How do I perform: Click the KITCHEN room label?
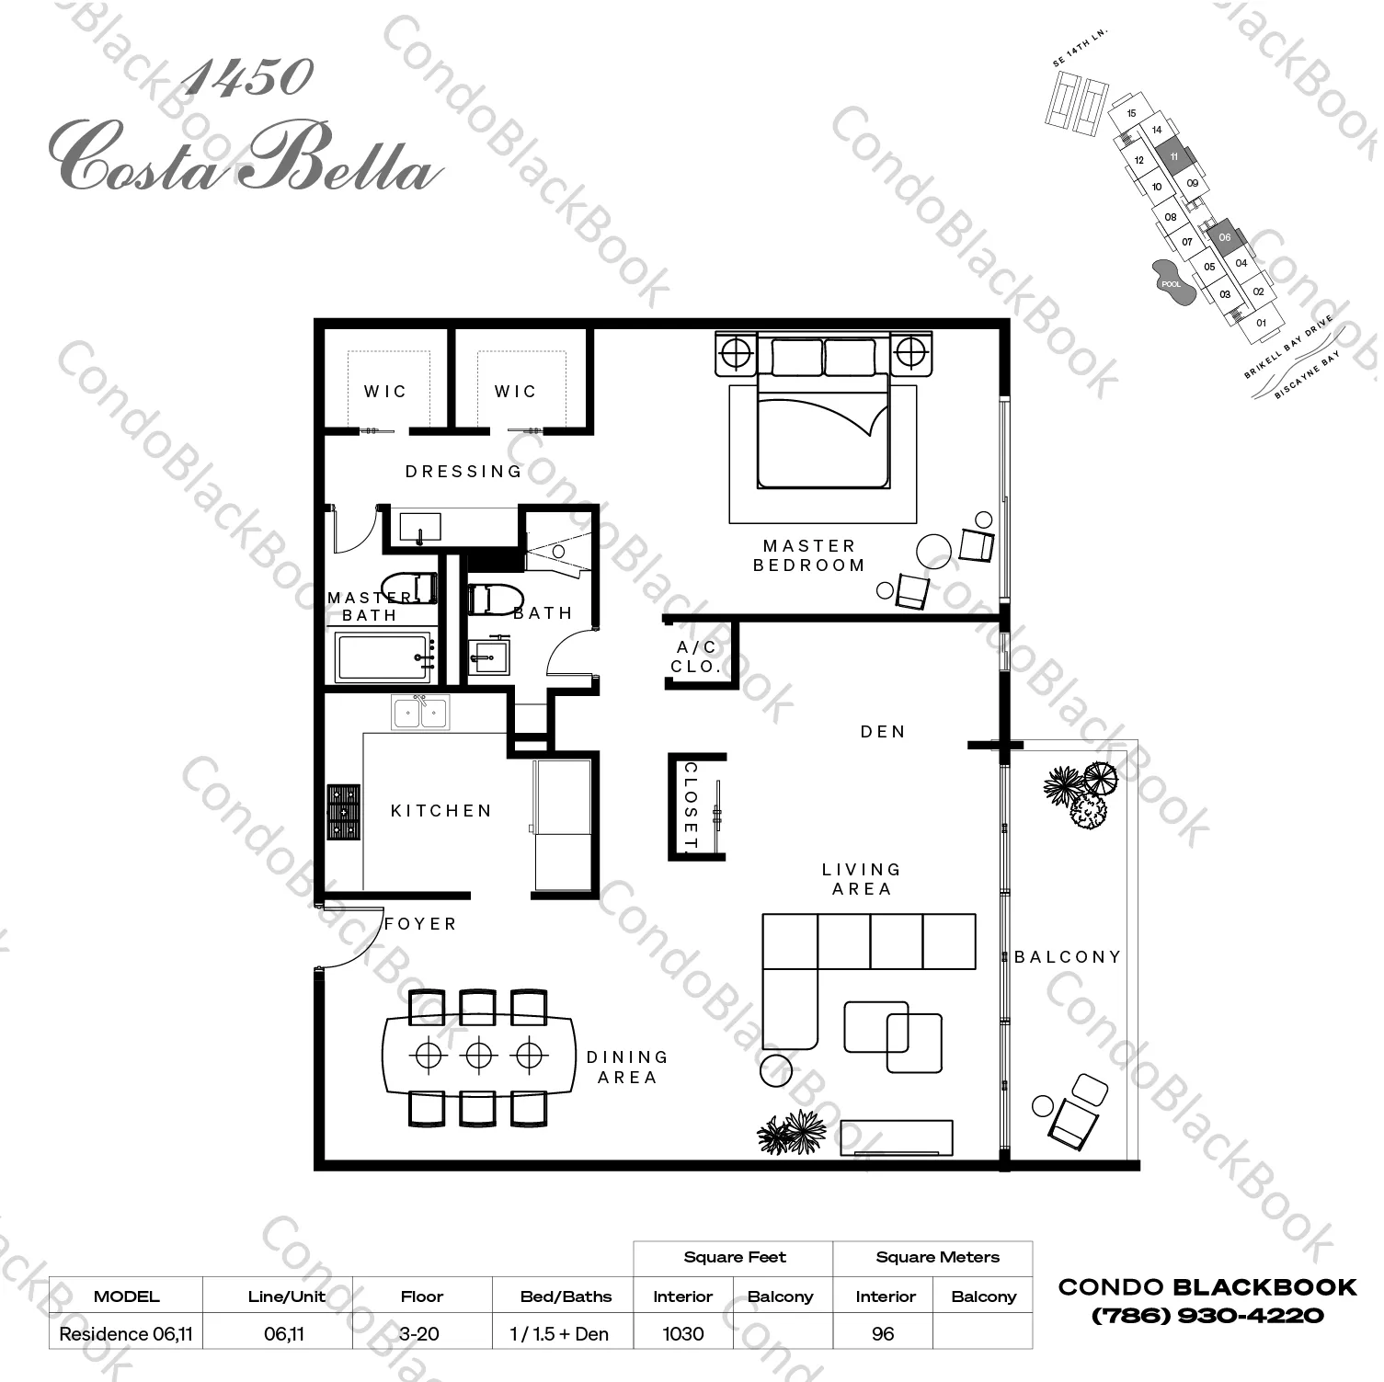tap(441, 811)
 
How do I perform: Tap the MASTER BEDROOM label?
tap(809, 555)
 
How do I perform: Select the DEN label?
tap(883, 732)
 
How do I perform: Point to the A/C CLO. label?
tap(696, 657)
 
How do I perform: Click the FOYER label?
tap(420, 924)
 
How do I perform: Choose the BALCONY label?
tap(1068, 957)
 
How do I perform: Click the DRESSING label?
tap(464, 472)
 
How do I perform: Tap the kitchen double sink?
tap(420, 713)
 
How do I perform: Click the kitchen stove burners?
tap(344, 812)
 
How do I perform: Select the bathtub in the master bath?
tap(383, 657)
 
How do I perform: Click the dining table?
tap(478, 1055)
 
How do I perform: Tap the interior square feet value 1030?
tap(682, 1333)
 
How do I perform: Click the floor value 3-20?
tap(421, 1333)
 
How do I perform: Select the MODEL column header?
tap(126, 1296)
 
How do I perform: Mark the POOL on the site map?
tap(1171, 282)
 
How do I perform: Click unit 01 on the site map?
tap(1262, 324)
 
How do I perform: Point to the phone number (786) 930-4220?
tap(1207, 1316)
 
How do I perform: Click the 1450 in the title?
tap(246, 79)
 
